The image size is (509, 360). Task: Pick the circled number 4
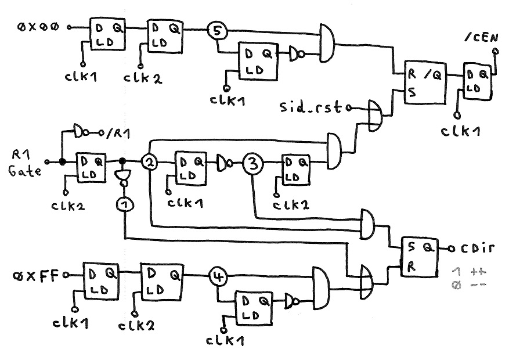217,277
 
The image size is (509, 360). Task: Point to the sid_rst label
312,107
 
